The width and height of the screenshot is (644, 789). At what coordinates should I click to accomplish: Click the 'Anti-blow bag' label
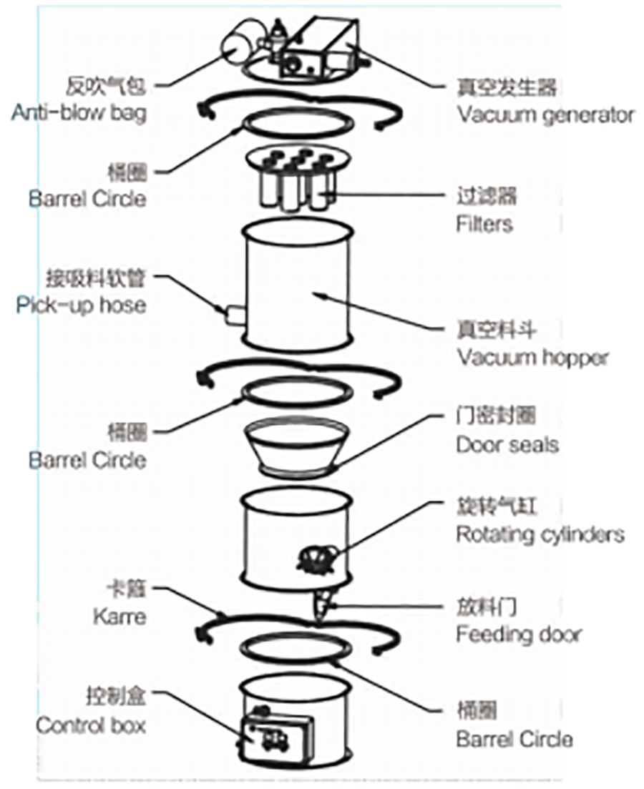click(x=79, y=113)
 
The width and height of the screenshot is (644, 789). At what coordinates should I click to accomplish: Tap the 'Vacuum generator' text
click(x=545, y=114)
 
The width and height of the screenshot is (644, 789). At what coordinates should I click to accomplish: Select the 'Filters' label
click(x=484, y=224)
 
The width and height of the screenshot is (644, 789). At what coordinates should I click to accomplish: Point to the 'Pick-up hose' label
click(x=81, y=305)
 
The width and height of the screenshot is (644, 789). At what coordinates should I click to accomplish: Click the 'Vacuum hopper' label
click(x=532, y=357)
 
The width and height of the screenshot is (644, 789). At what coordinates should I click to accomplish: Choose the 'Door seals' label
click(x=507, y=444)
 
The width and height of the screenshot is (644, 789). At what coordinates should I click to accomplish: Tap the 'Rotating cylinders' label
click(x=540, y=534)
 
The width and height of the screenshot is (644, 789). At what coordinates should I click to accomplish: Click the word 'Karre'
click(x=119, y=616)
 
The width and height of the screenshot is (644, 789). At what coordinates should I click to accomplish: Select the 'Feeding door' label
click(x=518, y=634)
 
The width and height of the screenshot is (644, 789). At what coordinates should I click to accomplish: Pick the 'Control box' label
click(x=91, y=725)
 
